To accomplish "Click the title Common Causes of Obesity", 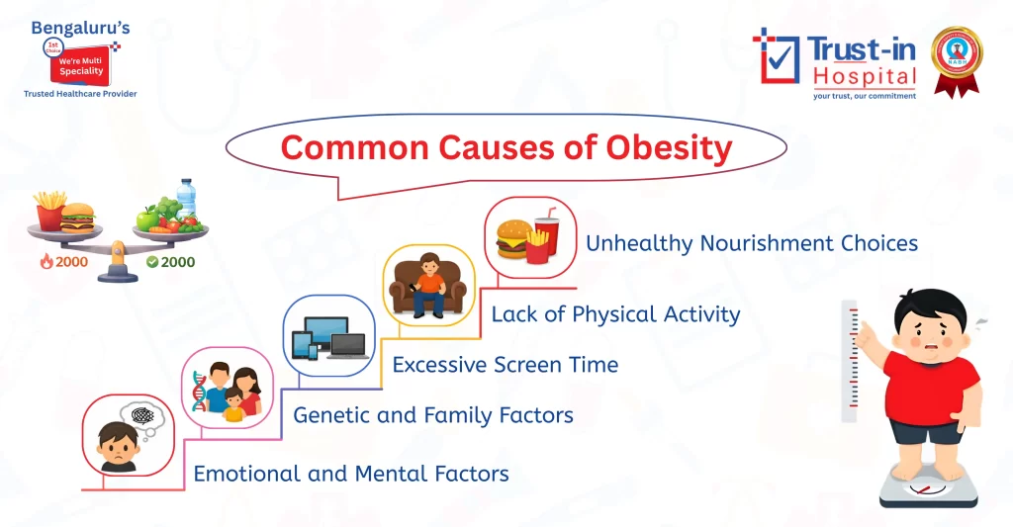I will coord(506,148).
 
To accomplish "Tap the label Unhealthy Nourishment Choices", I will coord(752,243).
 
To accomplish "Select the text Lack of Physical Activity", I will coord(615,314).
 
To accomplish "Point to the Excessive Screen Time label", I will coord(505,365).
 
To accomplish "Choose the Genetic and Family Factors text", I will coord(433,415).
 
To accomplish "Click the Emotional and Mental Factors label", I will coord(351,474).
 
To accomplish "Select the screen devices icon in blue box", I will coord(328,337).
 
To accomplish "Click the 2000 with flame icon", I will coord(61,262).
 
